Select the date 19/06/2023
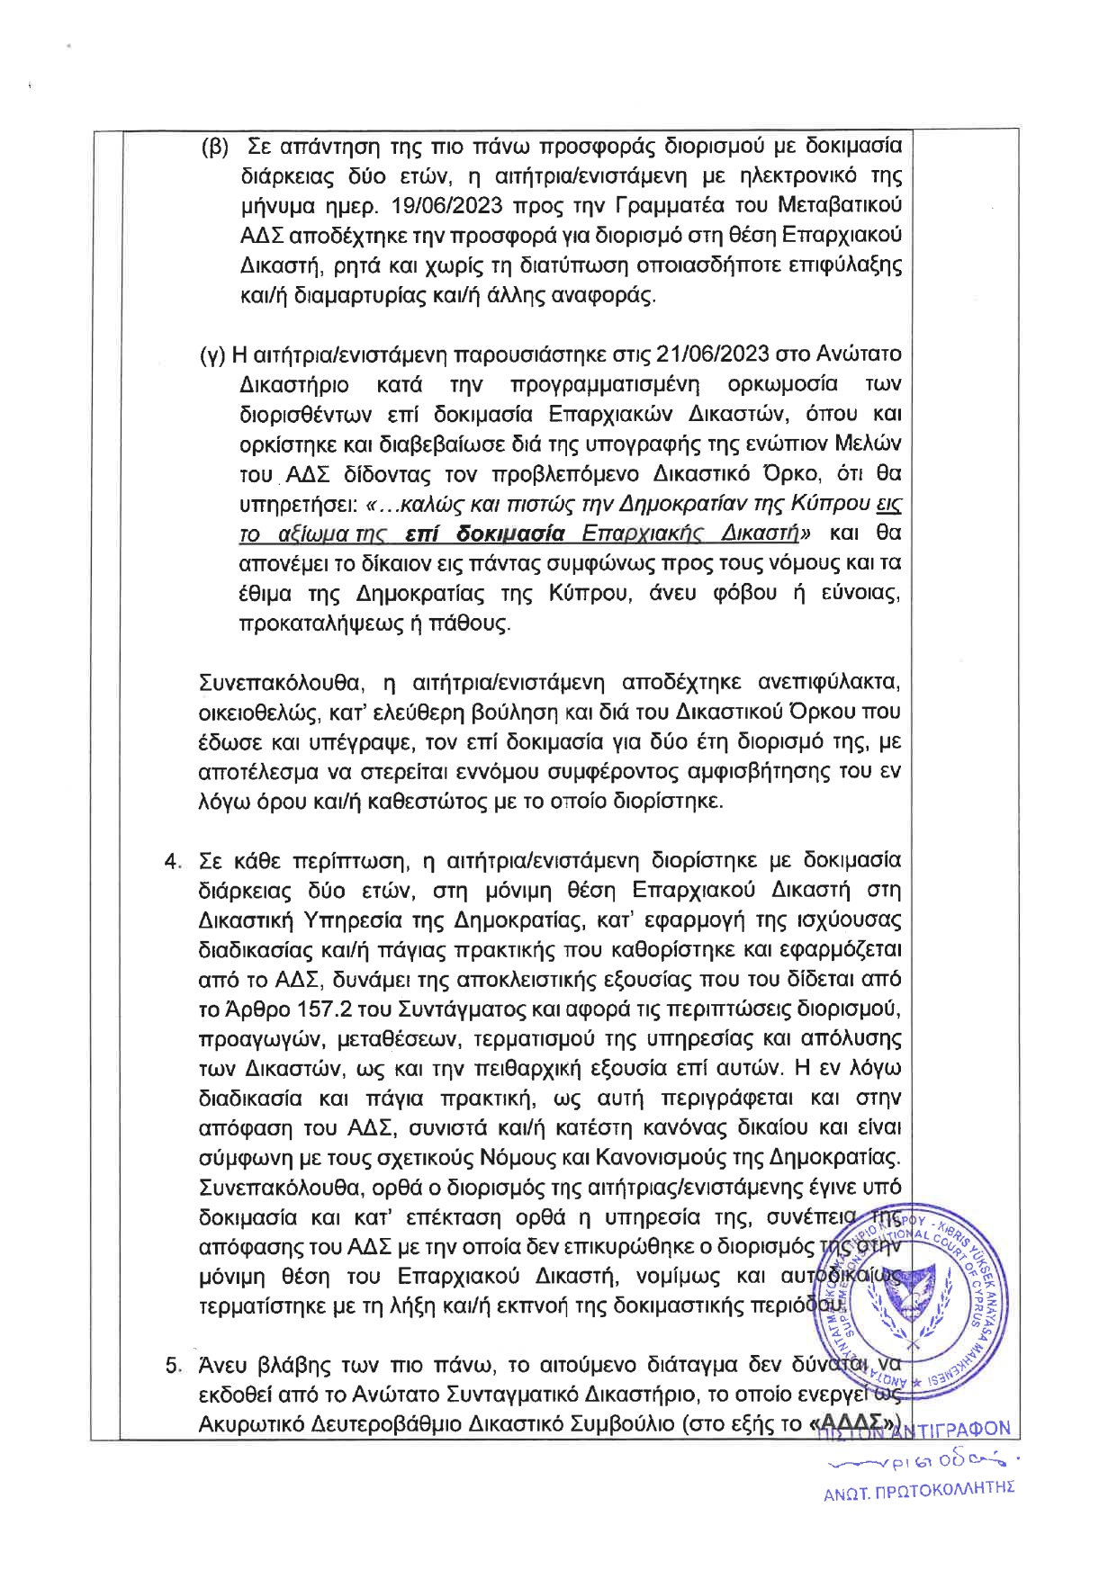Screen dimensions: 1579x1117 [446, 205]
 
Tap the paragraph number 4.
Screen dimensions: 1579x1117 [172, 861]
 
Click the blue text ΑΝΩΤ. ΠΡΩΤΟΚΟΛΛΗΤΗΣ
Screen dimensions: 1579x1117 [919, 1487]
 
